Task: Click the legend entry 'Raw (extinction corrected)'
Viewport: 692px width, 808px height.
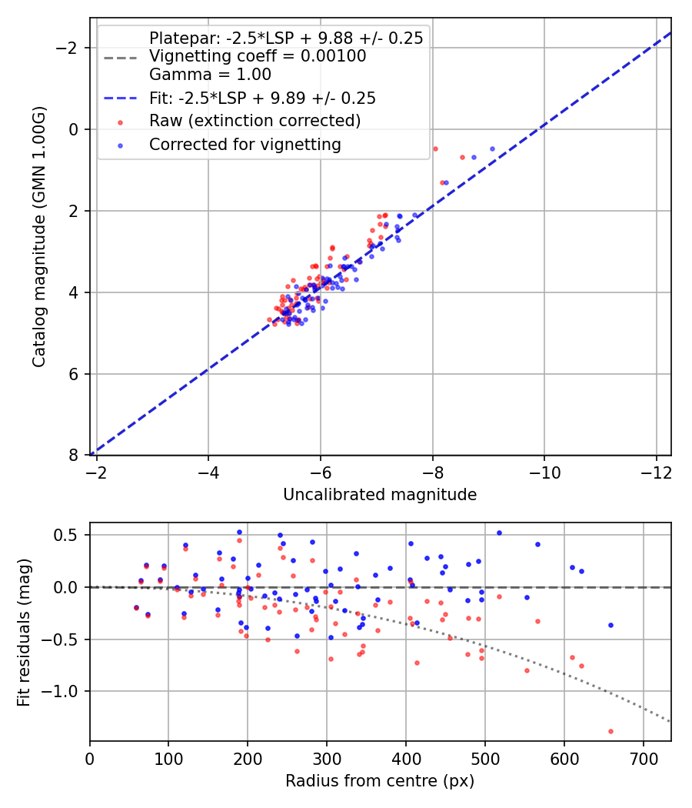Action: click(x=255, y=121)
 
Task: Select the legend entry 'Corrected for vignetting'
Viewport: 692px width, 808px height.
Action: click(x=245, y=144)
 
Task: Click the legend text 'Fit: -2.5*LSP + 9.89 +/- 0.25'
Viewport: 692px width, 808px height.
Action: click(x=262, y=98)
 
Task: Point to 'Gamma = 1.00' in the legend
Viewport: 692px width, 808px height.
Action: click(x=210, y=75)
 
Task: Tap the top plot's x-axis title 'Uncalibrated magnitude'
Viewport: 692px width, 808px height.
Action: click(x=380, y=495)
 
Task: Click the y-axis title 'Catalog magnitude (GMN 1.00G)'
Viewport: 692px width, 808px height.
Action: click(x=39, y=237)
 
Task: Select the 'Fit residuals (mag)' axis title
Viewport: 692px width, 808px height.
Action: click(x=24, y=631)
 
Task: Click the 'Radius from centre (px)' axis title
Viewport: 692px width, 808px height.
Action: click(x=380, y=781)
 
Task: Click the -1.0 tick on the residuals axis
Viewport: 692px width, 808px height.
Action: click(x=67, y=691)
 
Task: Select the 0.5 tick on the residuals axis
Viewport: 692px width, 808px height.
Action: click(x=72, y=535)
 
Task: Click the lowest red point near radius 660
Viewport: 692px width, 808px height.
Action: click(x=610, y=731)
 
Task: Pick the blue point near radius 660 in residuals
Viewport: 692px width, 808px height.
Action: click(x=610, y=625)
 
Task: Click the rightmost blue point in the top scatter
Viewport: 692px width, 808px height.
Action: click(x=492, y=149)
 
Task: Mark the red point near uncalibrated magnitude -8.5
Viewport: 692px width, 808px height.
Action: click(x=462, y=157)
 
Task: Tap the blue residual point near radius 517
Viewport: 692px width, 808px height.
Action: click(x=499, y=533)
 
